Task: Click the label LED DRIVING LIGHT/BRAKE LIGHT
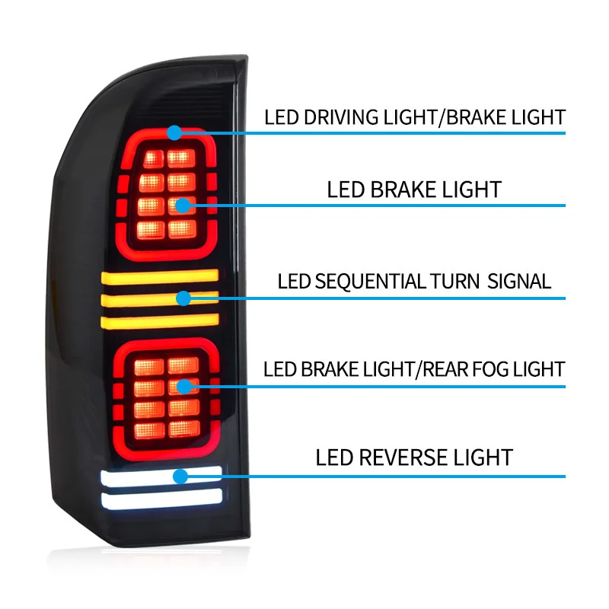(x=415, y=117)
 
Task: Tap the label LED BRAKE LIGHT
(x=414, y=189)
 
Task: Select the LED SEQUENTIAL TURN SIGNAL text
(x=414, y=281)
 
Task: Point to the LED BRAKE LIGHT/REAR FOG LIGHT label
(x=414, y=370)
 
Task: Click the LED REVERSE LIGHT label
(x=414, y=458)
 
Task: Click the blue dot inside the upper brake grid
(x=183, y=206)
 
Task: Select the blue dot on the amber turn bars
(x=183, y=298)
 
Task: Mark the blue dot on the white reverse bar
(x=180, y=477)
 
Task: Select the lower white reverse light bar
(x=161, y=498)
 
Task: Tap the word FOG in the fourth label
(x=495, y=370)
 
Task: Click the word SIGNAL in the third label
(x=519, y=281)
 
